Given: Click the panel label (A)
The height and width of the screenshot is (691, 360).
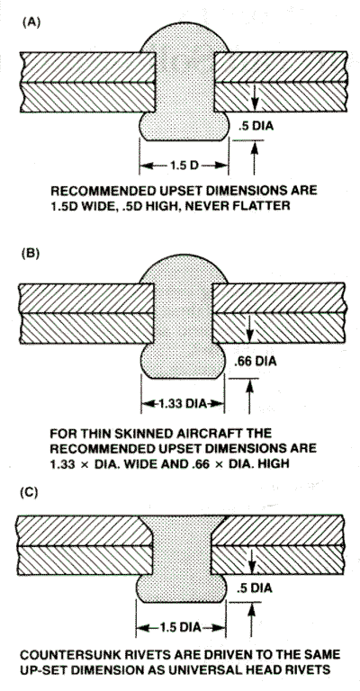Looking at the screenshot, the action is (31, 22).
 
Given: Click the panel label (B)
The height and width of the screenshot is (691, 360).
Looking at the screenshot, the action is (31, 254).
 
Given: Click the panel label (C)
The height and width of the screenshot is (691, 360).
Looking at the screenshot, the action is (31, 492).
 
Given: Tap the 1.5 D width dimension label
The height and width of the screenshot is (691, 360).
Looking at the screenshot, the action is (184, 166).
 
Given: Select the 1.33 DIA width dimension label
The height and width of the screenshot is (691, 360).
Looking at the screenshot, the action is (184, 404).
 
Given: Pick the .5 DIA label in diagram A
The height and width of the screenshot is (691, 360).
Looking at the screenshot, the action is (256, 126).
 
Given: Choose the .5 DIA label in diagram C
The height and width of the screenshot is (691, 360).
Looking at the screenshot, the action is (254, 588).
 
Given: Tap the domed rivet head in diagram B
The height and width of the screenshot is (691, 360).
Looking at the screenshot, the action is (184, 270).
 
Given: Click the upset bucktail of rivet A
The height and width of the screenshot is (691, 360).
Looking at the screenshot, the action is (184, 127).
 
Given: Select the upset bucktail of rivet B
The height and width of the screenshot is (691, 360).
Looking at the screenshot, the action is (183, 361).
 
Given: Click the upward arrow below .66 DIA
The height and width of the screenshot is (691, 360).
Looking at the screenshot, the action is (249, 396).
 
